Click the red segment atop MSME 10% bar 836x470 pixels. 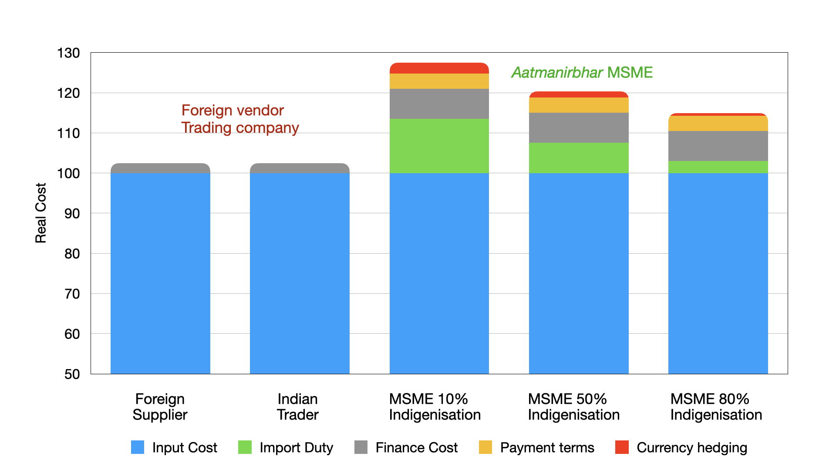[439, 68]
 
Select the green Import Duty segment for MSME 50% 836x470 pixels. [579, 158]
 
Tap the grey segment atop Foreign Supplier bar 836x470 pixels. [160, 168]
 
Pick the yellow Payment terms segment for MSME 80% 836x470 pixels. [718, 124]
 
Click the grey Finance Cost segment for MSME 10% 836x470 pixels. [439, 104]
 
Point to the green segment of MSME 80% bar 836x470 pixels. [718, 167]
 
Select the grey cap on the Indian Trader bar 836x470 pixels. [300, 168]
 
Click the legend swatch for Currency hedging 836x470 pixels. [622, 447]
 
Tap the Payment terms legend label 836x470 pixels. [547, 447]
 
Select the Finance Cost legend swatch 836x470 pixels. [361, 447]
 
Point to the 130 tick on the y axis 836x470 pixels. [68, 53]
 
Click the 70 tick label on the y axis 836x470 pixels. [72, 294]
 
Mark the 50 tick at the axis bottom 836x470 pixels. [72, 374]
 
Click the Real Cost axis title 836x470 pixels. [40, 213]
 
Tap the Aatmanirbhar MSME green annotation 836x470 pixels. [582, 72]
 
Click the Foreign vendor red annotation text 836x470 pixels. [233, 111]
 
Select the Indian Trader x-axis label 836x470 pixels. [298, 407]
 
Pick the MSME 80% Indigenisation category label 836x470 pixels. [716, 407]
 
